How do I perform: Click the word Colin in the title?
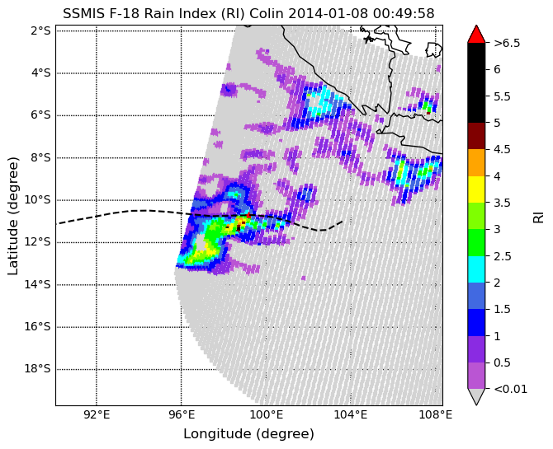267,14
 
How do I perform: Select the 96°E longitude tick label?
182,415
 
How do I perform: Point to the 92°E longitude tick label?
97,415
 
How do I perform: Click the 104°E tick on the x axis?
351,415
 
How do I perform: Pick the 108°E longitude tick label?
436,415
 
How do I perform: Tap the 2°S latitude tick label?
41,31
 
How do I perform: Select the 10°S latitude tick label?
38,200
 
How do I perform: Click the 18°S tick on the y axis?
38,369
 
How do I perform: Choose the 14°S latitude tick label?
38,284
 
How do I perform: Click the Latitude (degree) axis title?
12,216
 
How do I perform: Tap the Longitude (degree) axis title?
248,434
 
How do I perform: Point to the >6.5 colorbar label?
507,44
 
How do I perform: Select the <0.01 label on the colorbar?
511,389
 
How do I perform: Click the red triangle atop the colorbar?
476,34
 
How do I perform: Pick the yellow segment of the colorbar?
476,189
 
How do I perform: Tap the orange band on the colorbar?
476,162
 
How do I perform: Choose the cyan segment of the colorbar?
476,269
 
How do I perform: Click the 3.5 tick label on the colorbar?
502,203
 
